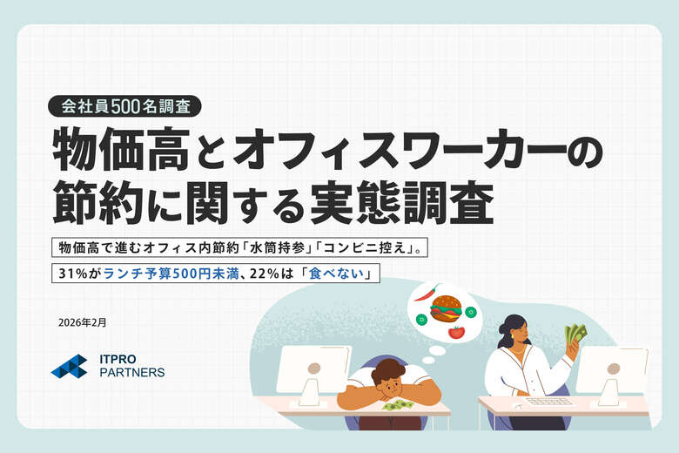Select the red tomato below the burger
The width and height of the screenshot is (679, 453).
456,331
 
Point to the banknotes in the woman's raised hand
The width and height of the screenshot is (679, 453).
575,335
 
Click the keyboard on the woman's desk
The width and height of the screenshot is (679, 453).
549,402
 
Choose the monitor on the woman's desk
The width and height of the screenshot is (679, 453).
611,369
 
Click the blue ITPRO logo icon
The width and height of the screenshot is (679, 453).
69,366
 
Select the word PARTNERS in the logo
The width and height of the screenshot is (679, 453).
131,373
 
